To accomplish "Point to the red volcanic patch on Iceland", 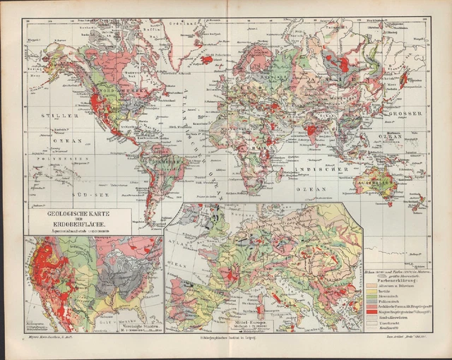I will (208, 60).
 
